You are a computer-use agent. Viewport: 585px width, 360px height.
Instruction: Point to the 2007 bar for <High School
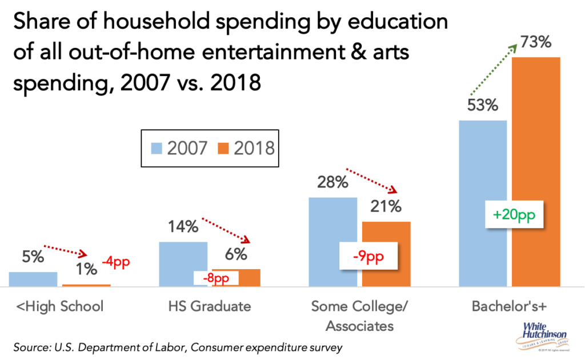[33, 279]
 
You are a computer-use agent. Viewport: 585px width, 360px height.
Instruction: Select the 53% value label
[483, 106]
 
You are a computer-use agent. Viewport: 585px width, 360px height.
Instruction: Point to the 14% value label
[183, 227]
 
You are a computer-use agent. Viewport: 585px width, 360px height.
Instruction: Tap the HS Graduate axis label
[209, 306]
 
